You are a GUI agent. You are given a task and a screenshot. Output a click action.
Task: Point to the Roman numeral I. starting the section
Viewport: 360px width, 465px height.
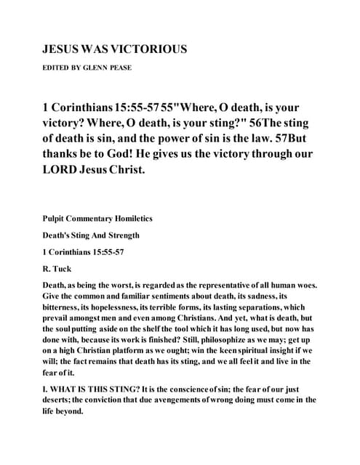(46, 389)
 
